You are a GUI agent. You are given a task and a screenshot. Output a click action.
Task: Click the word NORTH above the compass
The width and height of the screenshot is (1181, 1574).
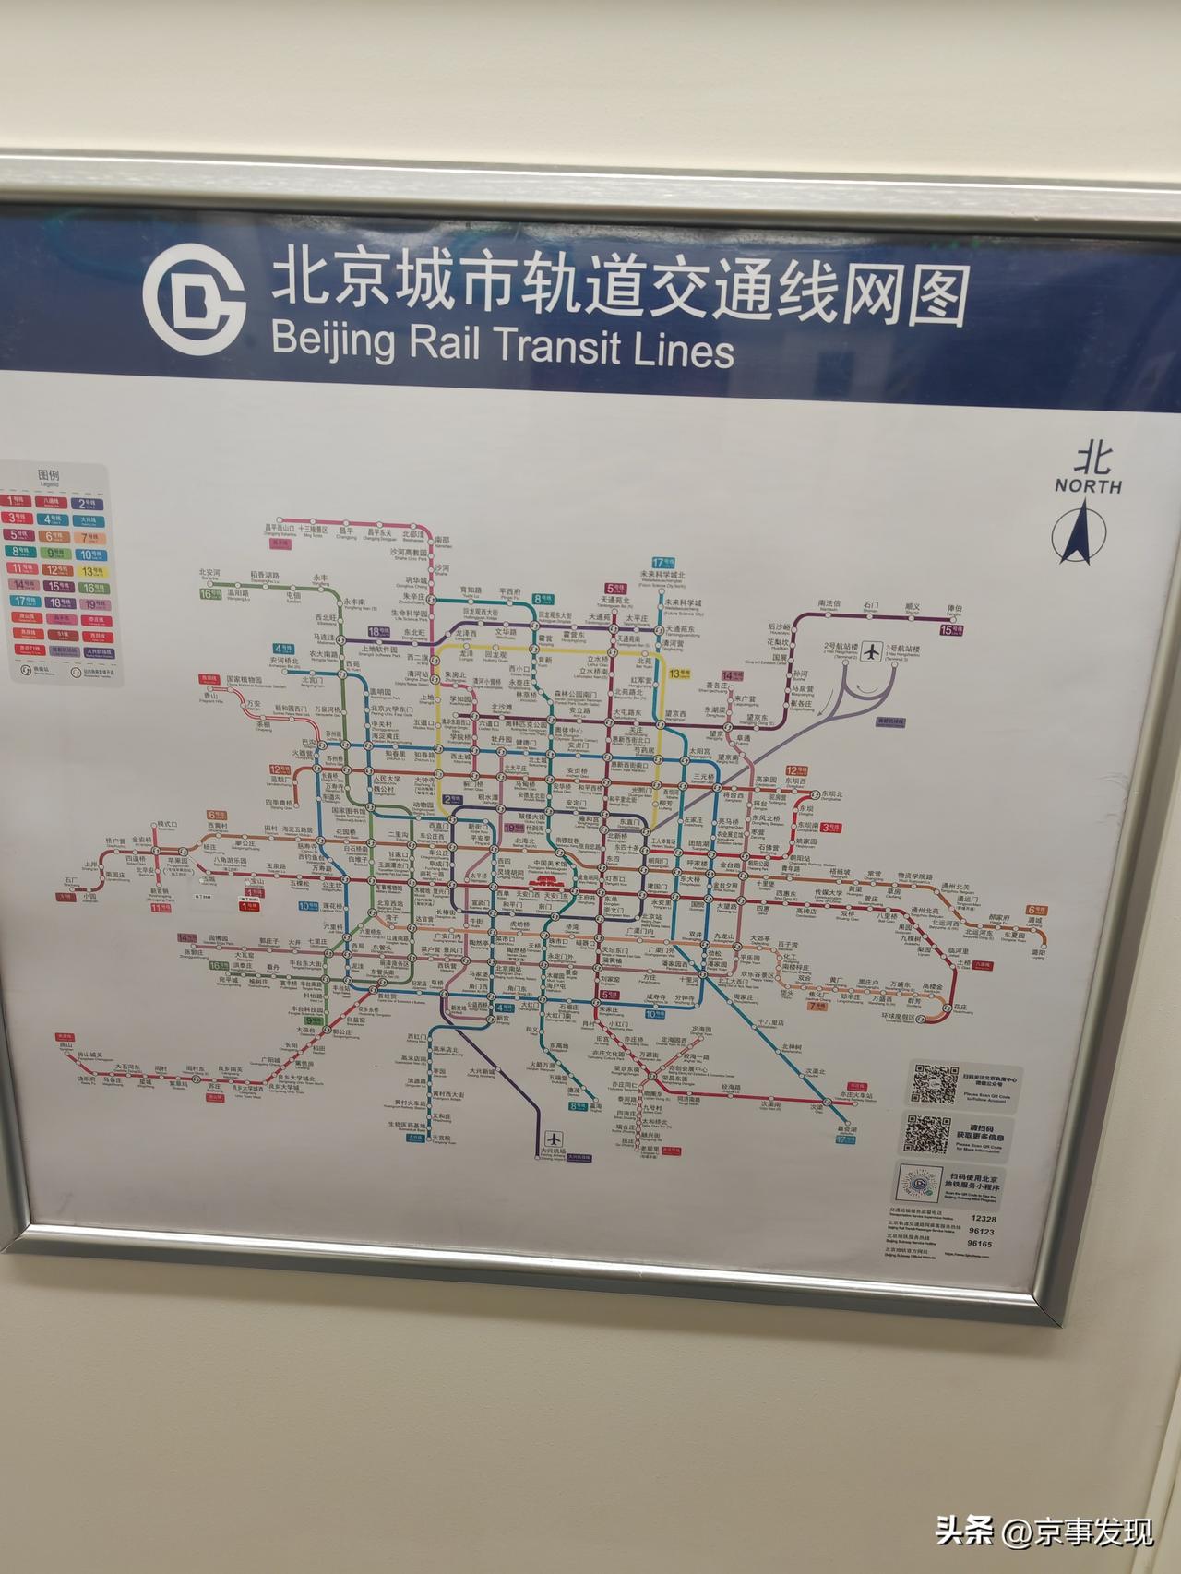[1089, 485]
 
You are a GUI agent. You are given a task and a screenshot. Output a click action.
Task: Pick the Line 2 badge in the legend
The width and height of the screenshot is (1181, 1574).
[90, 504]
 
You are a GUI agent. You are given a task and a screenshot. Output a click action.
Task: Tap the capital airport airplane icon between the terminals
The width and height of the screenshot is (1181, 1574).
[871, 651]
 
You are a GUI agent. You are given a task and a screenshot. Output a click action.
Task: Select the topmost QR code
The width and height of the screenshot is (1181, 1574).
[936, 1083]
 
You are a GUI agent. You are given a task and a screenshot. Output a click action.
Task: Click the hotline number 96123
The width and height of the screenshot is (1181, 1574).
[982, 1231]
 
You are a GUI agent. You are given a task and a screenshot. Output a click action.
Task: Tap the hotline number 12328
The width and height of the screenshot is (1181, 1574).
[984, 1219]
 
